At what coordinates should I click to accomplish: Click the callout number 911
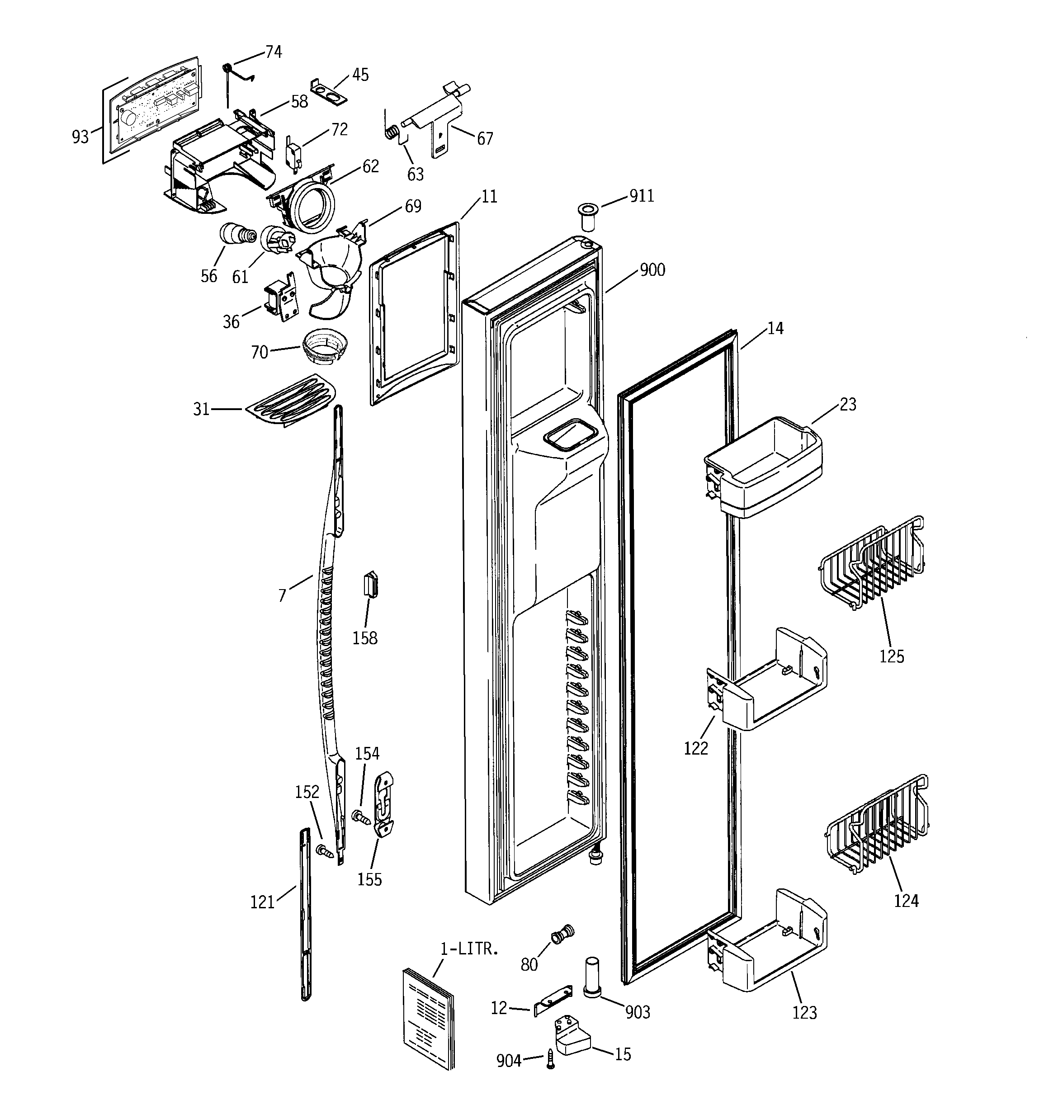(x=642, y=196)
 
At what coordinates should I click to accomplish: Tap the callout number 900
(x=652, y=270)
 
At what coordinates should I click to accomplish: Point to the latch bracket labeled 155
(x=384, y=806)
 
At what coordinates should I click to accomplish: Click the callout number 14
(x=775, y=328)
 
